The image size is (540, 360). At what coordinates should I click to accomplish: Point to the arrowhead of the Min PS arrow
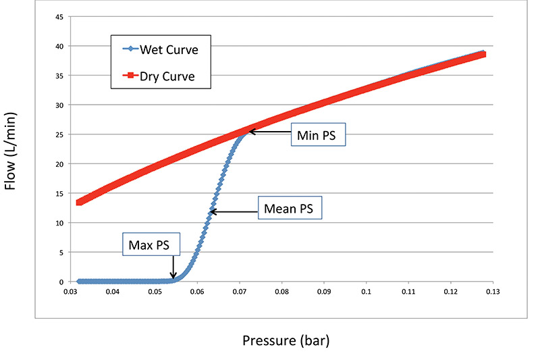point(250,132)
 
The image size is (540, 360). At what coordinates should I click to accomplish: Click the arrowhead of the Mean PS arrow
point(210,212)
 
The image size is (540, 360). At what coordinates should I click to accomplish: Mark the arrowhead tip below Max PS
point(173,278)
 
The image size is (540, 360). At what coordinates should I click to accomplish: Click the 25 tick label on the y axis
point(60,134)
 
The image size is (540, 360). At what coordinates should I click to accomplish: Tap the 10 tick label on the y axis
point(60,223)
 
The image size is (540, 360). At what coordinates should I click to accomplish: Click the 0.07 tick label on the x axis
point(240,292)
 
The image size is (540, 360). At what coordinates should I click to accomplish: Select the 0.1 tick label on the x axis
point(367,292)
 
